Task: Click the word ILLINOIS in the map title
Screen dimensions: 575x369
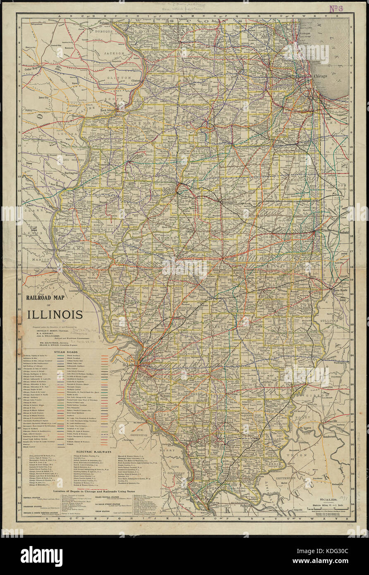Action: pos(55,314)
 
